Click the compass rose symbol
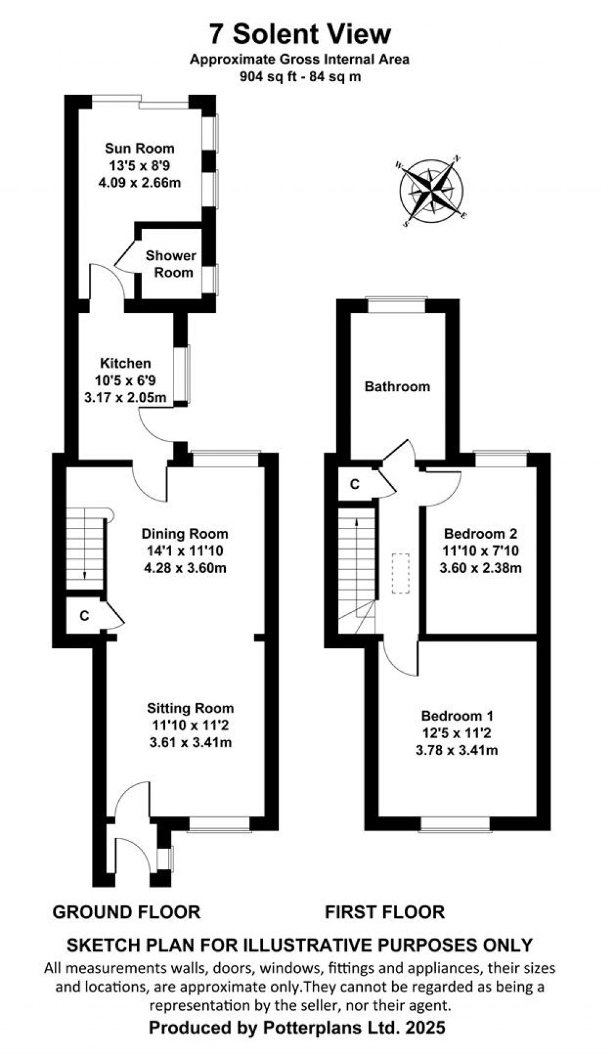click(x=431, y=192)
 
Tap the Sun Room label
click(x=139, y=148)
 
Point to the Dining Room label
click(x=185, y=533)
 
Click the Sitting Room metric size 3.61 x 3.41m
click(x=190, y=742)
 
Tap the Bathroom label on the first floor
click(x=397, y=386)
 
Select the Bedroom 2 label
click(x=480, y=533)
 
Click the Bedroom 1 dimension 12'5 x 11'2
click(x=457, y=733)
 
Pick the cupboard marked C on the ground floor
click(x=84, y=616)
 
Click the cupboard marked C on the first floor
click(x=354, y=484)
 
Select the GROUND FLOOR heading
click(x=126, y=912)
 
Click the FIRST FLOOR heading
click(x=384, y=912)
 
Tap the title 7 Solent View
click(x=300, y=34)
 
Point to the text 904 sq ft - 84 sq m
click(x=300, y=77)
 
